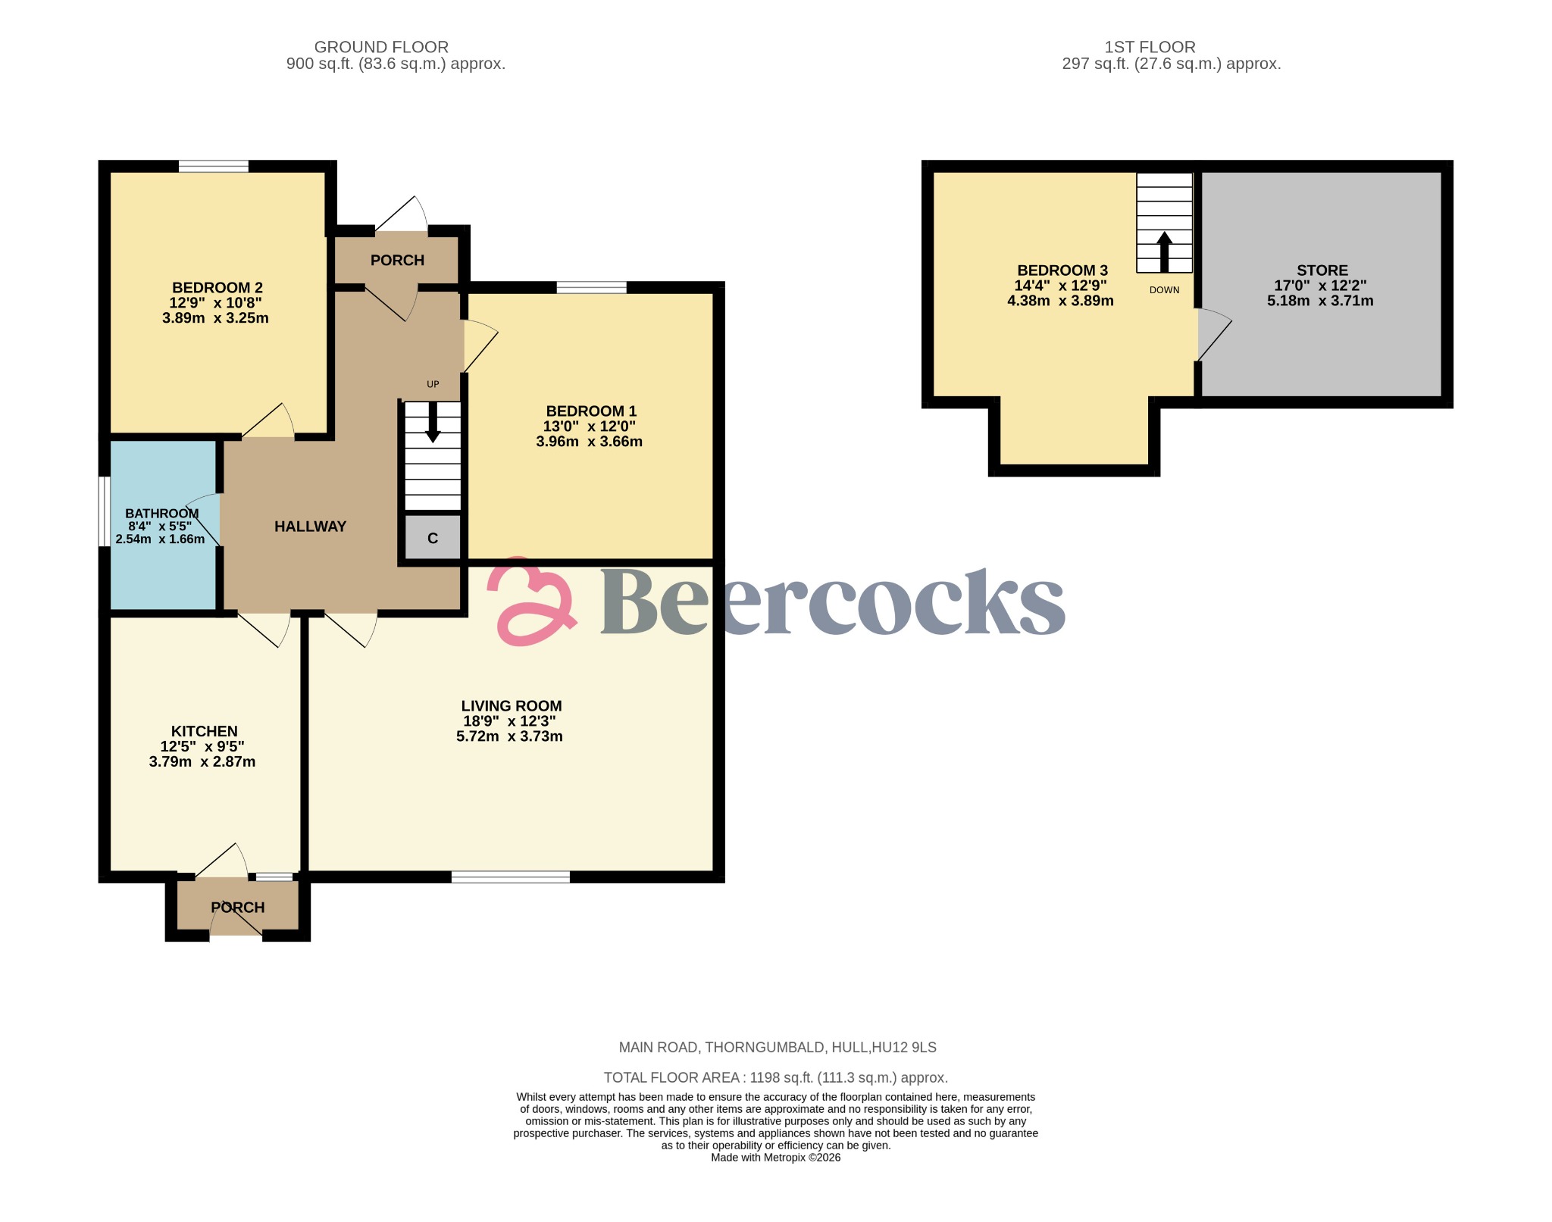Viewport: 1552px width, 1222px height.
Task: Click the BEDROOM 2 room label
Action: [217, 288]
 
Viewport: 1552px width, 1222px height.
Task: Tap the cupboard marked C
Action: [432, 538]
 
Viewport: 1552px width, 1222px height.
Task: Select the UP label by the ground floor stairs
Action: [433, 384]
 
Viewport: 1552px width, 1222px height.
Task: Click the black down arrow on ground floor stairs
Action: [433, 423]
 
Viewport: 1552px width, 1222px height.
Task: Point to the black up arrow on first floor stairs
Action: [1164, 252]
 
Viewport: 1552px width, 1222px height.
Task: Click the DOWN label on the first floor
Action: [1164, 290]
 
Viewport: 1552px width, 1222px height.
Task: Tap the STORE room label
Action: [1322, 270]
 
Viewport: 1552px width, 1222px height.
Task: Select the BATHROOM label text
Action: [161, 514]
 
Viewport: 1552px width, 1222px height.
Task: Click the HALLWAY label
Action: [310, 527]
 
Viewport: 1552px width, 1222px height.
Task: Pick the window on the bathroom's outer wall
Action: [105, 511]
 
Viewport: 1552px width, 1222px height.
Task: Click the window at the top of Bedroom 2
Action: [214, 166]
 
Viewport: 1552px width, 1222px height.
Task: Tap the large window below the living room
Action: [511, 877]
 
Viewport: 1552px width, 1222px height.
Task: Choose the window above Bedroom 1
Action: [591, 287]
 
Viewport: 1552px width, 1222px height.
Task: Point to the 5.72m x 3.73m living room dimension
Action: [509, 736]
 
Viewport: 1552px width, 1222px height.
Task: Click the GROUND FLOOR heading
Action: [381, 47]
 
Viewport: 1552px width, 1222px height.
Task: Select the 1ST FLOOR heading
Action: [1150, 47]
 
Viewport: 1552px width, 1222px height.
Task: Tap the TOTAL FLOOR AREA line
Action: [775, 1077]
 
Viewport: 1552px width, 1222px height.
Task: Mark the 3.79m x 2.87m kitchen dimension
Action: [202, 762]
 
